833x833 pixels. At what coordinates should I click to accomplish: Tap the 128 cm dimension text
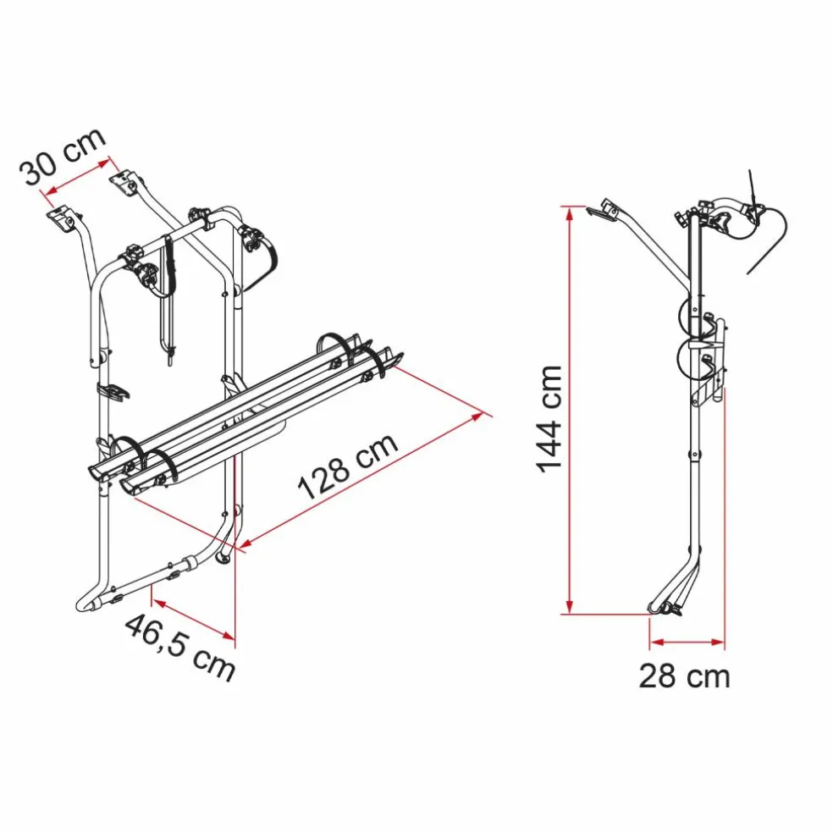348,466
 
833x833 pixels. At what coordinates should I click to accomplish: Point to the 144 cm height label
549,419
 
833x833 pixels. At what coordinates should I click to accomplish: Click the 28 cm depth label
684,676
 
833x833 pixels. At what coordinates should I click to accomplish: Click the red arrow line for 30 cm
78,176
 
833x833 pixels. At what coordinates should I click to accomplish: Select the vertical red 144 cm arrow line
570,410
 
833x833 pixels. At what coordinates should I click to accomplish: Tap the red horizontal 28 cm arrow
687,643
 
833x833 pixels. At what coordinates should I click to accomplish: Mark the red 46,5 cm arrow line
193,618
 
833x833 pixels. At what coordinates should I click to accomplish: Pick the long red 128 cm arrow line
362,480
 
